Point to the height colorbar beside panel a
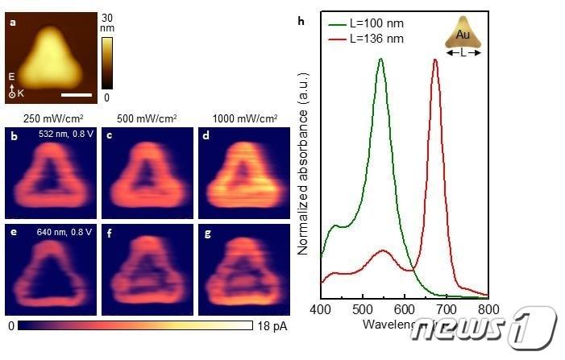click(107, 61)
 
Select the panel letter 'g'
click(204, 233)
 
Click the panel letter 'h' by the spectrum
click(301, 21)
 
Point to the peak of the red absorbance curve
click(436, 59)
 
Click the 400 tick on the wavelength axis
click(322, 308)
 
